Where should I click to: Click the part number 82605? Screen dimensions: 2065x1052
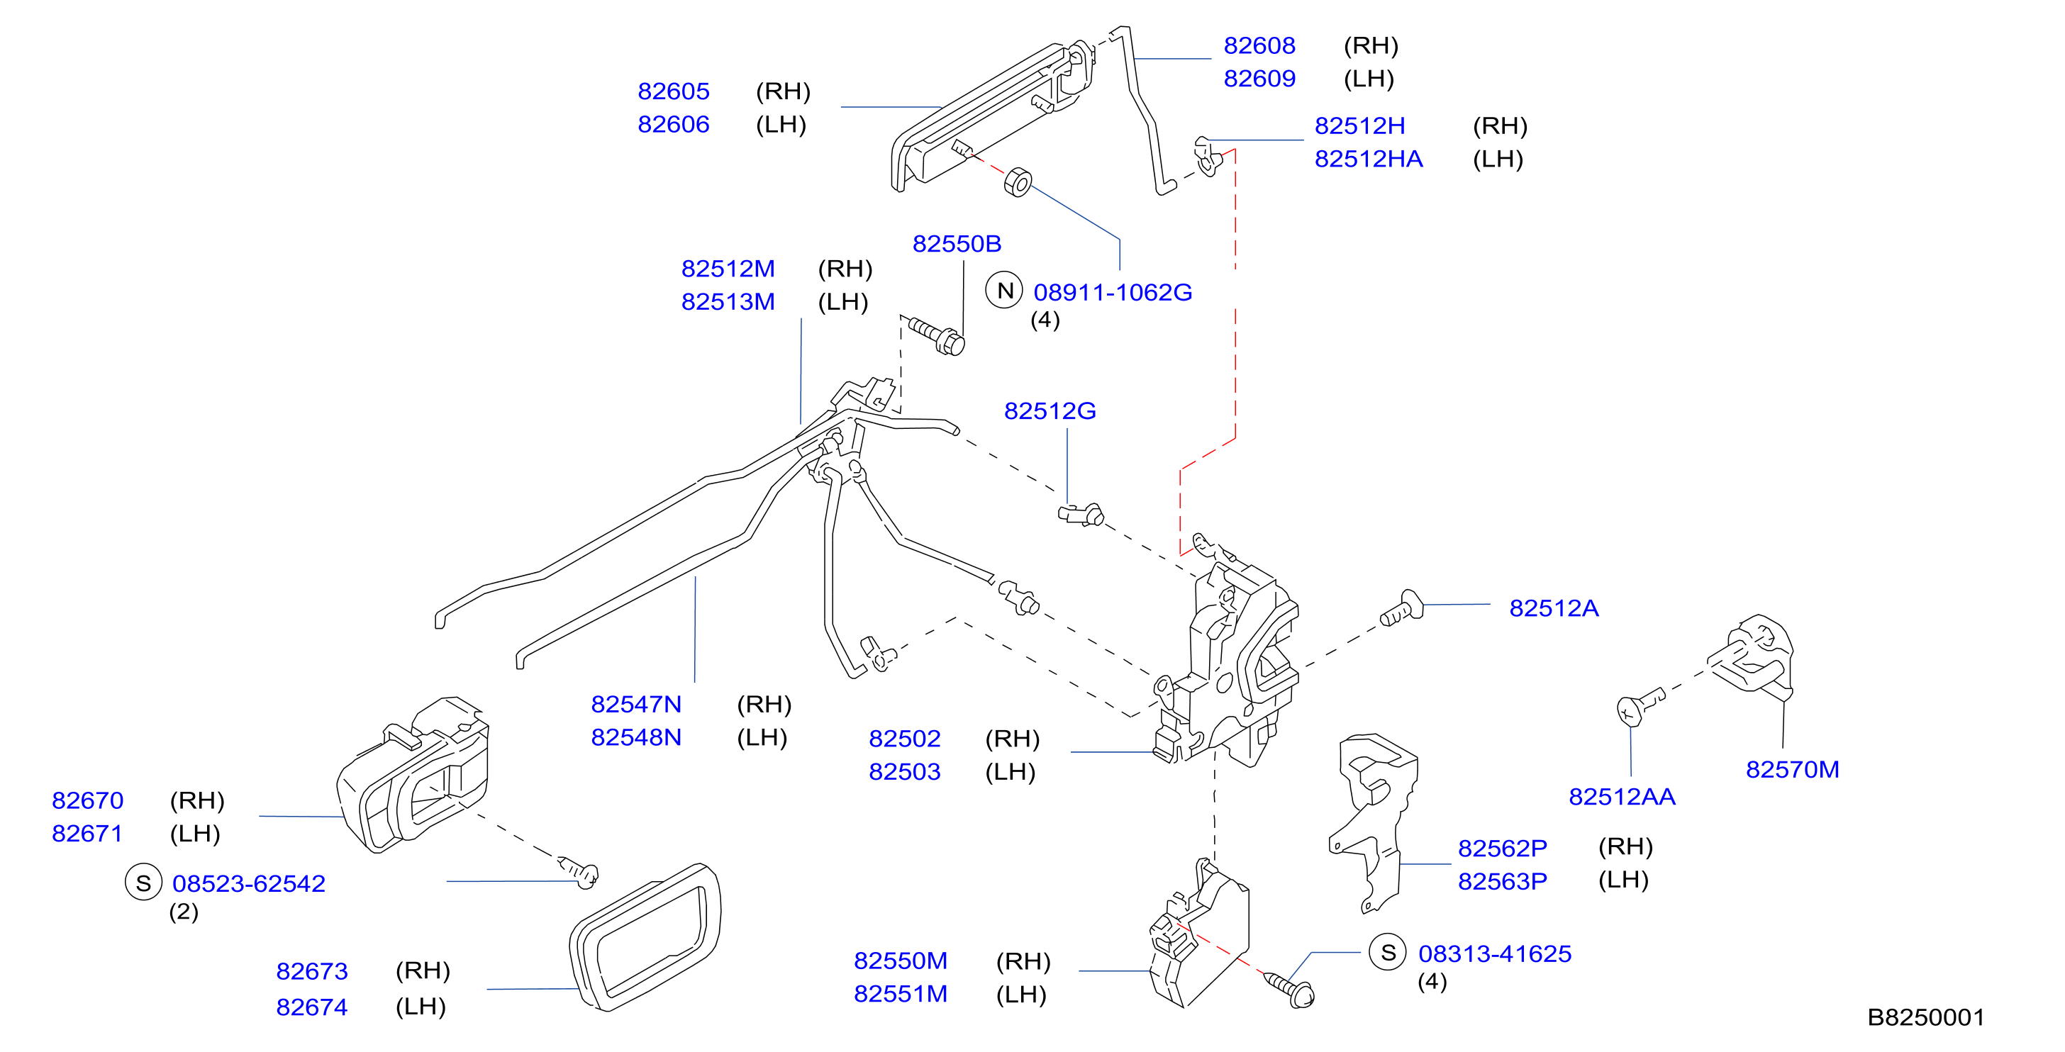(x=674, y=91)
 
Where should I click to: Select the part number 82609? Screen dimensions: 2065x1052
(x=1259, y=79)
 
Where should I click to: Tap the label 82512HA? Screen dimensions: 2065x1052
(x=1369, y=159)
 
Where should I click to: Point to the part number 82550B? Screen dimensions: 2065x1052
(x=957, y=244)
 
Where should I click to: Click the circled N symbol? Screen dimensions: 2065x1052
(x=1004, y=290)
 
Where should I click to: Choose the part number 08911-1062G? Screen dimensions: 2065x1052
(x=1113, y=293)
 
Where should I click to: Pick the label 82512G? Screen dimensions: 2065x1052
(x=1050, y=411)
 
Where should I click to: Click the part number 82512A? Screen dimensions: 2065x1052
(x=1554, y=608)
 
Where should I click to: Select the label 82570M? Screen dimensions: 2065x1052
(x=1793, y=769)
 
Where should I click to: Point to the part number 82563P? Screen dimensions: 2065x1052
(x=1502, y=881)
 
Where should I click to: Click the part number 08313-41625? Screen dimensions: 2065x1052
(x=1495, y=953)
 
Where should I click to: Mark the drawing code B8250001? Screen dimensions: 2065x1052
(x=1925, y=1017)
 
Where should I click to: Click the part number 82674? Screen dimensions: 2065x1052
(x=312, y=1007)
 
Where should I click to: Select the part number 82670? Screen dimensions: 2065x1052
(x=87, y=800)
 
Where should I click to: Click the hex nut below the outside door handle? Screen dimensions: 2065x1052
(x=1018, y=183)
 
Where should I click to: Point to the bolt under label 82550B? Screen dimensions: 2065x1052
(x=938, y=337)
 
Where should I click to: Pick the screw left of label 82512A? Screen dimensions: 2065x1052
(x=1401, y=609)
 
